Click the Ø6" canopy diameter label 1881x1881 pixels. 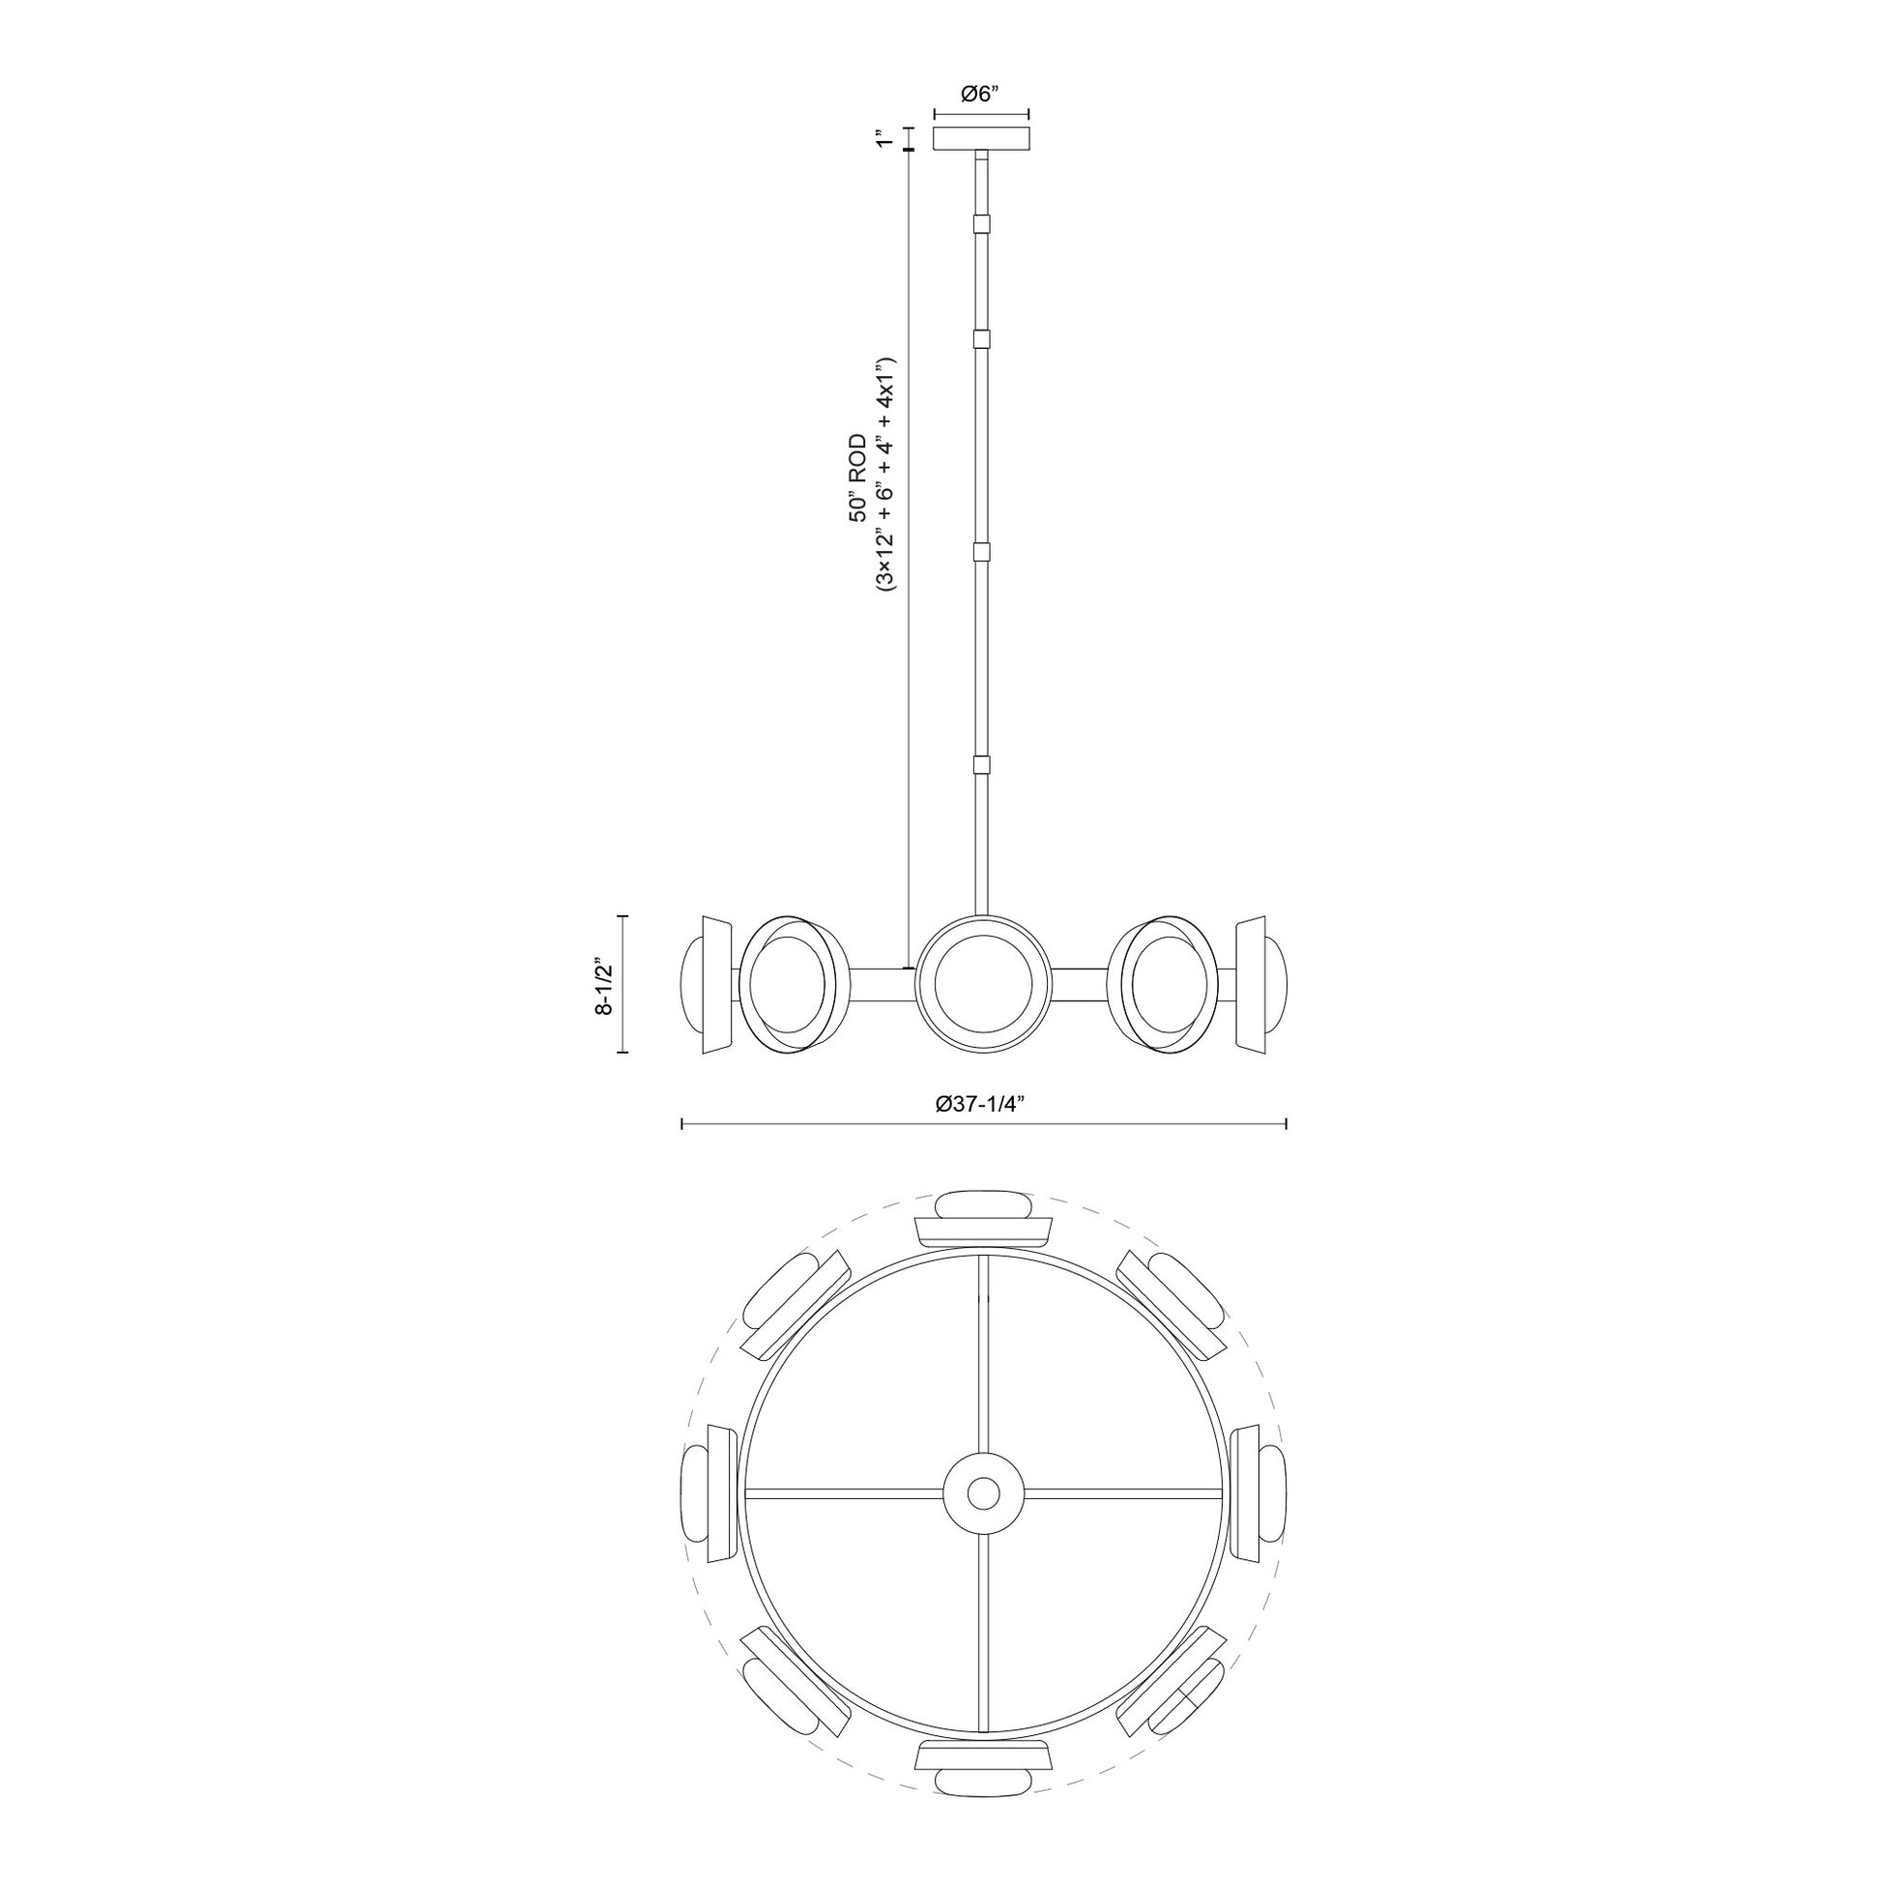click(980, 95)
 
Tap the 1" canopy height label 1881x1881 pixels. click(883, 138)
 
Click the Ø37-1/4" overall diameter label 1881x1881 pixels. click(983, 1103)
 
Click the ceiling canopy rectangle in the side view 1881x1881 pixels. click(982, 138)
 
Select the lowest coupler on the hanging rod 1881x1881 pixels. click(982, 766)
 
